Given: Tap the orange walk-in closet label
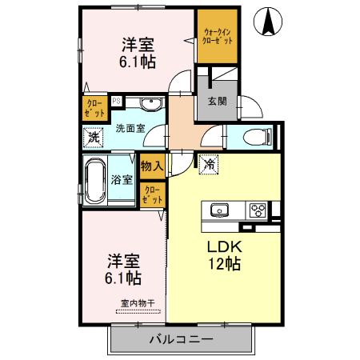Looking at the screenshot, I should [x=217, y=34].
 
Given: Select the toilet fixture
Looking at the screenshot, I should [x=258, y=135].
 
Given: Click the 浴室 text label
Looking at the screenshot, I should [x=123, y=180].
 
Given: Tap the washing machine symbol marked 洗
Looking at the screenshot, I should [x=94, y=137].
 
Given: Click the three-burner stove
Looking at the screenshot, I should [x=258, y=210].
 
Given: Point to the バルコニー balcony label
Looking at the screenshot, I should [x=182, y=339].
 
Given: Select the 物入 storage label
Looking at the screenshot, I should [x=152, y=166].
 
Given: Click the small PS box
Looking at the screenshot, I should [x=116, y=101].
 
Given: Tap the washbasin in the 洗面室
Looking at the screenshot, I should [x=148, y=104].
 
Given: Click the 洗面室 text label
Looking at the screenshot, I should [x=129, y=127].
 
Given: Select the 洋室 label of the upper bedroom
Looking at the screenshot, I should [x=138, y=43].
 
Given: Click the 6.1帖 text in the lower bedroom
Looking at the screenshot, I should [x=125, y=278].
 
